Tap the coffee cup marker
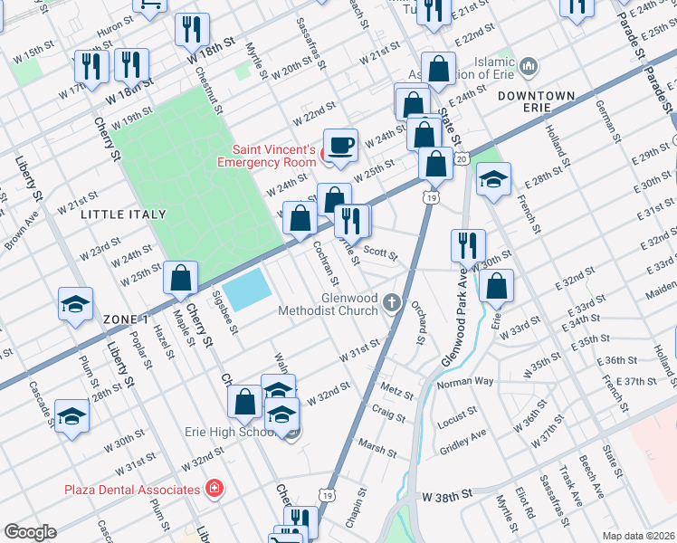point(340,145)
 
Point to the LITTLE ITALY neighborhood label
point(123,214)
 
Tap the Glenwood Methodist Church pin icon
point(391,302)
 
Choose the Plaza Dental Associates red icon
point(214,489)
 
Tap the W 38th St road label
point(448,497)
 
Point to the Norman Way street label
point(465,382)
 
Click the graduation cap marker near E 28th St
point(493,180)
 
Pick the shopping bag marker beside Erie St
point(496,286)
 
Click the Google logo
point(31,532)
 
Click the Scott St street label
point(380,252)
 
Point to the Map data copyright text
point(638,536)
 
